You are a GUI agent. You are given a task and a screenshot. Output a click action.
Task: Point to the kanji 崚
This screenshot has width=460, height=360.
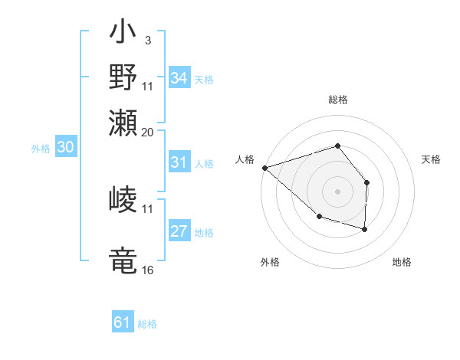point(123,201)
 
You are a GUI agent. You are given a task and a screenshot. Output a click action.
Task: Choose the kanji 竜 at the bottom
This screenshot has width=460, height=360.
point(123,259)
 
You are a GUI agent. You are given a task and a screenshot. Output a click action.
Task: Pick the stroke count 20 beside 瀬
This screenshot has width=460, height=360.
point(148,131)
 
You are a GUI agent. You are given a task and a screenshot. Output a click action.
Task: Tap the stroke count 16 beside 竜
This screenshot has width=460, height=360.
point(148,270)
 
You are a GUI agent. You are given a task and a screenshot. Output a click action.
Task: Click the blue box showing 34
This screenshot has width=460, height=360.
point(179,78)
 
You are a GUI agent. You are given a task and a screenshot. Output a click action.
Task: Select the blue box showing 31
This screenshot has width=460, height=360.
point(179,162)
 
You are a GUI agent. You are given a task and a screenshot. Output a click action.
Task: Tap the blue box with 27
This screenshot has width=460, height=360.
point(179,232)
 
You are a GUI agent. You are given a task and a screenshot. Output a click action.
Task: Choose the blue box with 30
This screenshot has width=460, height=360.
point(65,148)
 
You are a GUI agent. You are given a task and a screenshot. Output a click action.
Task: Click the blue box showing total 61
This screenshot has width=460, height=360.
point(123,322)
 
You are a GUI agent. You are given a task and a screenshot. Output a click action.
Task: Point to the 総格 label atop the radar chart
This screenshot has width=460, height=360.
point(337,100)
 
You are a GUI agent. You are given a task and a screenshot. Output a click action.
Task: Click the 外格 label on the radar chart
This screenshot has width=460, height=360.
point(270,262)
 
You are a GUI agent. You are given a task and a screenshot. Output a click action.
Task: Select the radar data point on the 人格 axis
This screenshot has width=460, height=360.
point(264,167)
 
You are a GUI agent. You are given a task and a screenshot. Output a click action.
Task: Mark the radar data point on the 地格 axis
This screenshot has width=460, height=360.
point(365,229)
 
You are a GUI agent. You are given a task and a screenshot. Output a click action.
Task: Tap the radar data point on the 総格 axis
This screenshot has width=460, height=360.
point(337,146)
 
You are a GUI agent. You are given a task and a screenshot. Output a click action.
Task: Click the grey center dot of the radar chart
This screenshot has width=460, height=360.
point(337,191)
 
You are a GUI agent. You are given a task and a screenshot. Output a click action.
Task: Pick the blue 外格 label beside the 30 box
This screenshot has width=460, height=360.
point(41,149)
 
